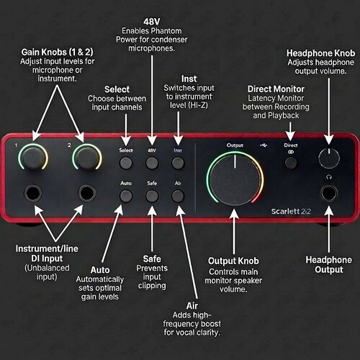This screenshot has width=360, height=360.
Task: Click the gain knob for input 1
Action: click(x=33, y=157)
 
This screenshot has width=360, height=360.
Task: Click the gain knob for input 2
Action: click(x=87, y=157)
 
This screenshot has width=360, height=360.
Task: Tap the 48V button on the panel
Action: click(x=152, y=163)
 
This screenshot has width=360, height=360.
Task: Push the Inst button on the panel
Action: click(x=178, y=163)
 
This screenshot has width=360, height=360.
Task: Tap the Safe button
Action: click(x=152, y=196)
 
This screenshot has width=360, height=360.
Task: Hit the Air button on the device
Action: click(x=178, y=196)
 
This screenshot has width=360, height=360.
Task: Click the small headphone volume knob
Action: click(x=329, y=158)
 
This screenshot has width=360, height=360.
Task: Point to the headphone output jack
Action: click(x=329, y=194)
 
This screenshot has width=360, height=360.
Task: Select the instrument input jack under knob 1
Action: click(x=33, y=193)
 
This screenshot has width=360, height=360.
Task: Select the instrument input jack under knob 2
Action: click(x=87, y=193)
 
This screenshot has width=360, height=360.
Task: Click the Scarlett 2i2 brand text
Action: click(x=291, y=212)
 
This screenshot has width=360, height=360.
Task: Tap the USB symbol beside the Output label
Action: click(x=264, y=145)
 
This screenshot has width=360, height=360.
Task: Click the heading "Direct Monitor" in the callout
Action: click(x=276, y=89)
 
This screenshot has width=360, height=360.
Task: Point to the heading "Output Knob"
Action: click(x=233, y=261)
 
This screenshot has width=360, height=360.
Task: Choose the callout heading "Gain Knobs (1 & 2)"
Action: click(x=57, y=52)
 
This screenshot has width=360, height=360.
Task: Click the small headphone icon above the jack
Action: click(x=329, y=177)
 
